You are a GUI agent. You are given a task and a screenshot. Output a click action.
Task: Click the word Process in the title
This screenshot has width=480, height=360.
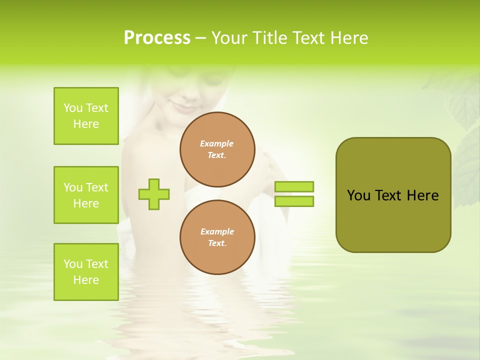pyautogui.click(x=157, y=38)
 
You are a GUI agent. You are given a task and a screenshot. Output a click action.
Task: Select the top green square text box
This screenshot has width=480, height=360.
pyautogui.click(x=86, y=116)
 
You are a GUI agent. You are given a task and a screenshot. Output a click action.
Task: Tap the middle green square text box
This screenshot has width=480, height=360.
pyautogui.click(x=86, y=195)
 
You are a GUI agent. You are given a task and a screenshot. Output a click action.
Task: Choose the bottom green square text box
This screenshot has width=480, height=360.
pyautogui.click(x=86, y=272)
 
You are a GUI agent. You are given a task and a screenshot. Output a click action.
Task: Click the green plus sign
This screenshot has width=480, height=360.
pyautogui.click(x=154, y=194)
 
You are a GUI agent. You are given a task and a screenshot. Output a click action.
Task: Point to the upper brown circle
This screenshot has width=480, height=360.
pyautogui.click(x=217, y=149)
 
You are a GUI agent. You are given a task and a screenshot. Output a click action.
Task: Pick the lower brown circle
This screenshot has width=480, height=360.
pyautogui.click(x=217, y=237)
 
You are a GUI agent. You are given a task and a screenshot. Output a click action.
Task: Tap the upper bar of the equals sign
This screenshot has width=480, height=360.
pyautogui.click(x=294, y=186)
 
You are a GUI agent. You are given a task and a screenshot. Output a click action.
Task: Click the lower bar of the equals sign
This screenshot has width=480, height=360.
pyautogui.click(x=294, y=201)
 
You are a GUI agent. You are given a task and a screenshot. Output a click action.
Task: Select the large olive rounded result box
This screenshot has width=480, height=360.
pyautogui.click(x=393, y=195)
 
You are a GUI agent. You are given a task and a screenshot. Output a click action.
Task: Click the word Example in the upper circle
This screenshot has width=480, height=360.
pyautogui.click(x=217, y=143)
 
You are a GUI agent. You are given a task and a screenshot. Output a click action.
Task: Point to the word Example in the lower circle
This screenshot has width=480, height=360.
pyautogui.click(x=217, y=231)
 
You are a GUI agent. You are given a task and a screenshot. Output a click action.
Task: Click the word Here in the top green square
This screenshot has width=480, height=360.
pyautogui.click(x=86, y=124)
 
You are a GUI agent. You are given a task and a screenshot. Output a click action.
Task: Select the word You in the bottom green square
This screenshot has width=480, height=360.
pyautogui.click(x=73, y=264)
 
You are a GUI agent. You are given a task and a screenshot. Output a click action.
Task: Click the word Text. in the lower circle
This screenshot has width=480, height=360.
pyautogui.click(x=217, y=243)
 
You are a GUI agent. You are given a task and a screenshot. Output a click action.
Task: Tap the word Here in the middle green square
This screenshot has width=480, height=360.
pyautogui.click(x=86, y=203)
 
